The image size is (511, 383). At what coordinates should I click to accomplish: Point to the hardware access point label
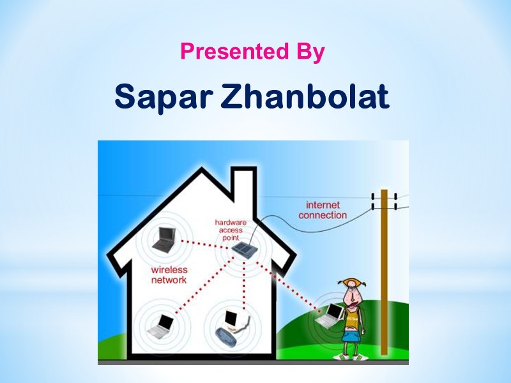230,230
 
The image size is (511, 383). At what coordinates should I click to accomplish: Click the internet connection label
323,210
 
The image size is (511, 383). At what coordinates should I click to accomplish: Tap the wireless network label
169,274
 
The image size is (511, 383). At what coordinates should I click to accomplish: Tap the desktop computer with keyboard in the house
231,326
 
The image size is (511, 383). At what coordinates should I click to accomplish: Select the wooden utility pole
384,274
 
